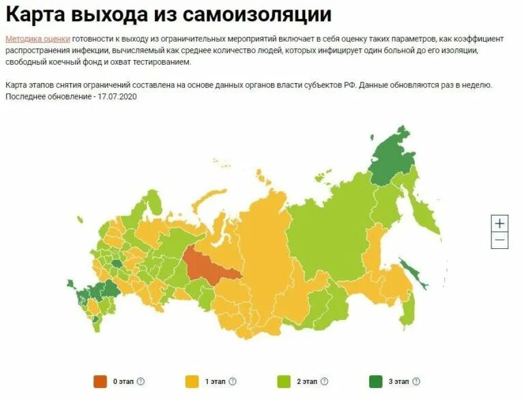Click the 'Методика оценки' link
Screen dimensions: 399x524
coord(38,39)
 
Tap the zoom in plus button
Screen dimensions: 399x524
coord(499,223)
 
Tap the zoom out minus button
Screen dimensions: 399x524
coord(499,240)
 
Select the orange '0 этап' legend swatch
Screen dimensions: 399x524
coord(100,381)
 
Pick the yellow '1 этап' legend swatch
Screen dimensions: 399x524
coord(192,381)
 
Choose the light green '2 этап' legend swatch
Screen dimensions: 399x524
coord(283,381)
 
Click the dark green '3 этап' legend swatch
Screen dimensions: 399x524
coord(375,381)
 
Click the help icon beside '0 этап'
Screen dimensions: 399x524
coord(141,381)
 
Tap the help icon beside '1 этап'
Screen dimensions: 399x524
coord(233,381)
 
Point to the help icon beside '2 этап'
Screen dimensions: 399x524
coord(324,381)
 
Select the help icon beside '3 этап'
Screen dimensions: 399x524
coord(416,381)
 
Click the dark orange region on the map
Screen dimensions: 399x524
coord(208,266)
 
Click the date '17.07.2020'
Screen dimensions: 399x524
coord(119,97)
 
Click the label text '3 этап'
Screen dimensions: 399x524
coord(399,381)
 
